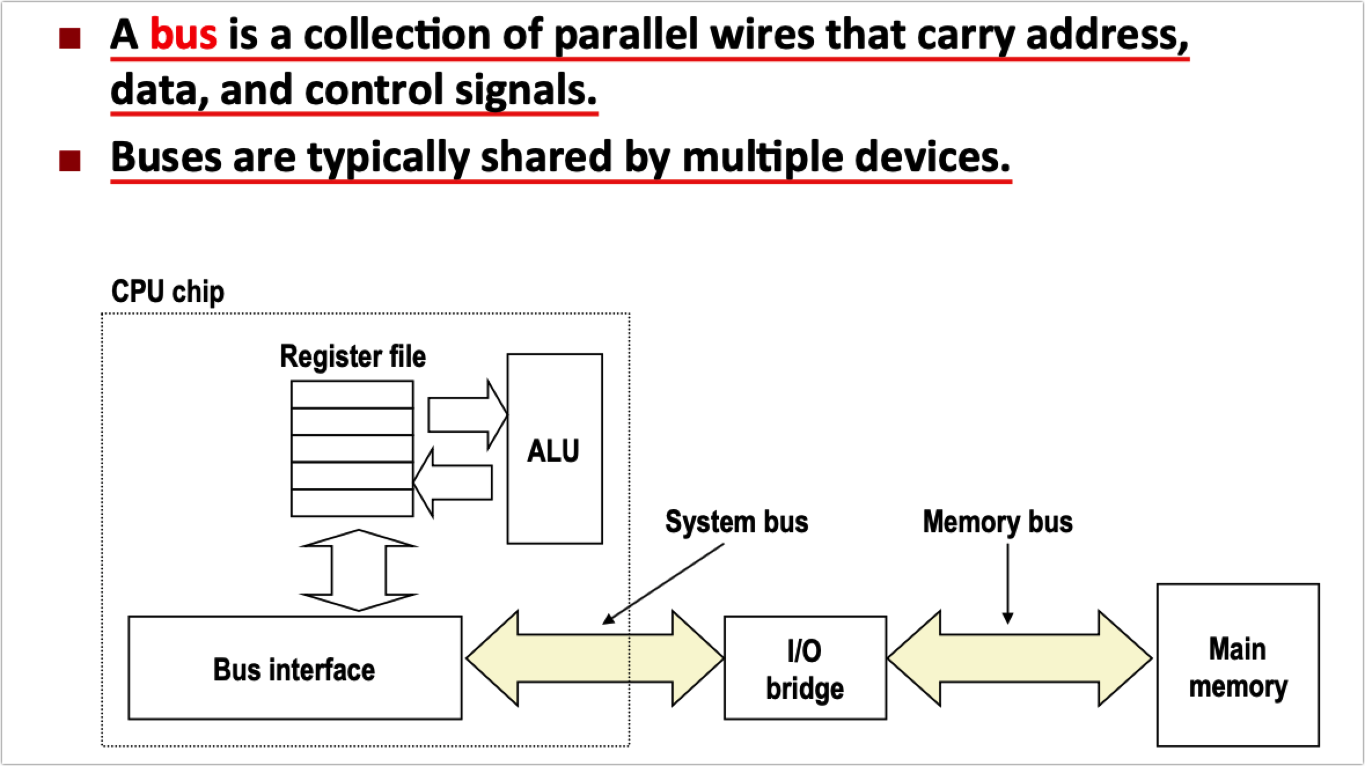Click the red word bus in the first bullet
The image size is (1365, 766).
[184, 34]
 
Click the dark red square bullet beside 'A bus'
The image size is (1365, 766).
[69, 38]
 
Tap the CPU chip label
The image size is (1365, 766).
[168, 292]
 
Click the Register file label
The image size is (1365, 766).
[353, 356]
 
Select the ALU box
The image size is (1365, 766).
[555, 449]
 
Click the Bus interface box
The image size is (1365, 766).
[295, 668]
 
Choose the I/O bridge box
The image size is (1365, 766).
[805, 668]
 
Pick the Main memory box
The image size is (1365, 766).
[1238, 665]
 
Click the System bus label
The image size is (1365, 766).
[736, 522]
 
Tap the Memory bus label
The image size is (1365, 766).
[998, 522]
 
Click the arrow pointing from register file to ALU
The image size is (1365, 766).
[468, 415]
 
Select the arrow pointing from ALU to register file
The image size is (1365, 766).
[453, 483]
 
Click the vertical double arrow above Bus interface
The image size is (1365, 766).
[359, 570]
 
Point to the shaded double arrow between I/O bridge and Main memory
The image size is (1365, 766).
[1019, 658]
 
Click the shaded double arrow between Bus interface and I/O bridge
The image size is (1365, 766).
[595, 658]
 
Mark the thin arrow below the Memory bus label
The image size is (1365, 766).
[1008, 584]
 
